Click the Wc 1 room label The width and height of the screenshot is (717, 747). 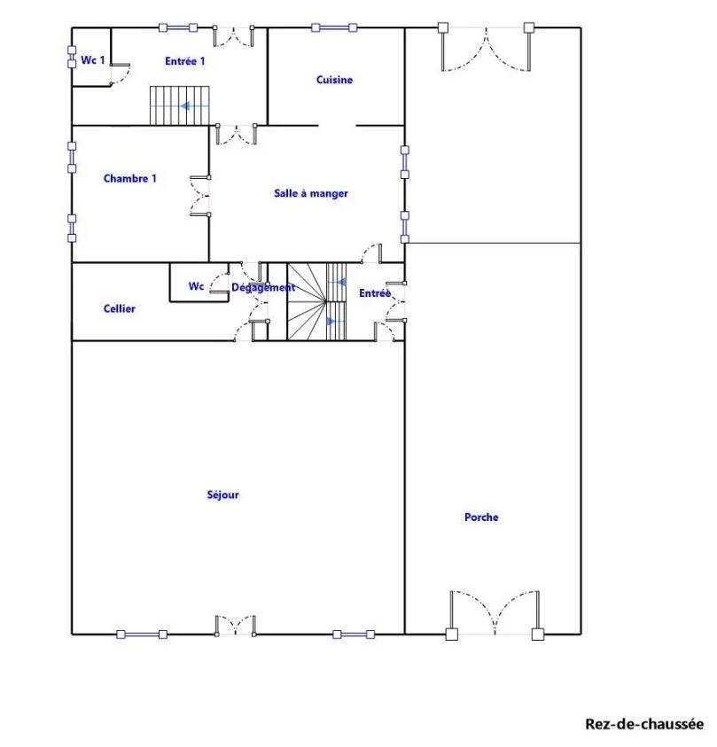93,60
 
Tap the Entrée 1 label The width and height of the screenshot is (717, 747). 185,61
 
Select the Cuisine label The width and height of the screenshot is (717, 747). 334,80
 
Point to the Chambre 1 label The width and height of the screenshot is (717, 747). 130,179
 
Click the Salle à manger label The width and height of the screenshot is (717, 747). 311,193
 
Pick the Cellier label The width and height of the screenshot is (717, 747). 120,308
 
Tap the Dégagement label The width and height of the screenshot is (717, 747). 263,287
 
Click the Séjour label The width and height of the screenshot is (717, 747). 223,494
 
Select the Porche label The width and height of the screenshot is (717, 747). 481,517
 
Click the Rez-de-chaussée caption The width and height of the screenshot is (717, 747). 644,724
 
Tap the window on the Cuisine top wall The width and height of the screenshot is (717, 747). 334,27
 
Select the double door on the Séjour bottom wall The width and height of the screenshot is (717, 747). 236,626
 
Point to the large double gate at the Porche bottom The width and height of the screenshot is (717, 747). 495,614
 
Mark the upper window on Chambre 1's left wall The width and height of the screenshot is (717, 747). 72,157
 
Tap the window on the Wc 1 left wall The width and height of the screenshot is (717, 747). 72,57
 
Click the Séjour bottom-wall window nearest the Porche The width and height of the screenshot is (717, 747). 354,634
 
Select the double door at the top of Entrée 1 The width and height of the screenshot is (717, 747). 233,36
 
